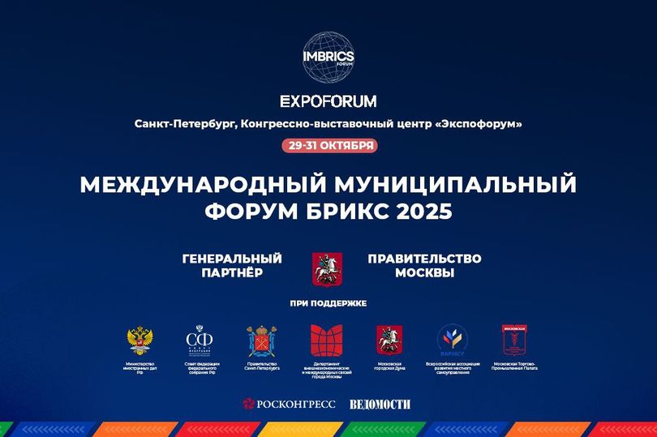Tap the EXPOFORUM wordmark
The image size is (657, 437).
tap(328, 101)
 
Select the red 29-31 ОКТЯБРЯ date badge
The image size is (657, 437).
tap(328, 145)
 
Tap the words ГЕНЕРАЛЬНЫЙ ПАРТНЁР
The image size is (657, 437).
tap(232, 265)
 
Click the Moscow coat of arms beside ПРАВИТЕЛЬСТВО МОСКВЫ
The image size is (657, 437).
tap(328, 268)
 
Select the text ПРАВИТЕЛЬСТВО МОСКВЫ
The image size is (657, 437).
tap(424, 265)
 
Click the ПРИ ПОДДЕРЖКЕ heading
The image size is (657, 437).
tap(328, 303)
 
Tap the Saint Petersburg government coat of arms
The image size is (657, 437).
tap(263, 340)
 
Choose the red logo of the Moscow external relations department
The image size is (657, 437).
tap(326, 340)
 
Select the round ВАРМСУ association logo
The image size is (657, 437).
tap(452, 340)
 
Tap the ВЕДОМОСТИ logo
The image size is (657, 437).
tap(380, 404)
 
